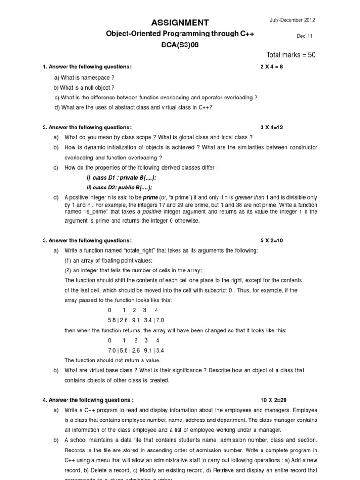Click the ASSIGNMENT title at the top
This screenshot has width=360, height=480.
[180, 22]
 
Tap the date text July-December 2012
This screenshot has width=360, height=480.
[292, 20]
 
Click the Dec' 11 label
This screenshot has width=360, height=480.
[304, 36]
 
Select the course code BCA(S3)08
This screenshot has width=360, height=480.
[180, 45]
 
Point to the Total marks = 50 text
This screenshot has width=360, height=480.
[291, 55]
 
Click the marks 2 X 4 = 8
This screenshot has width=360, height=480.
[272, 67]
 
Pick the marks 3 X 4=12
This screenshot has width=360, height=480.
[272, 127]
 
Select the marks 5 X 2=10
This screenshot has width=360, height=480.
[272, 240]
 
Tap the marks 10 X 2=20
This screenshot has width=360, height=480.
[273, 400]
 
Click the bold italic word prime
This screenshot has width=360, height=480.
[150, 198]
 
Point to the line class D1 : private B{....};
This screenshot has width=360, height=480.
[121, 178]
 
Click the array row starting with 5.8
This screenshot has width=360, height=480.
[136, 320]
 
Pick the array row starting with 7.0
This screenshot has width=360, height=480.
[136, 350]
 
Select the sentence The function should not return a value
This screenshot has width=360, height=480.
[112, 360]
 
